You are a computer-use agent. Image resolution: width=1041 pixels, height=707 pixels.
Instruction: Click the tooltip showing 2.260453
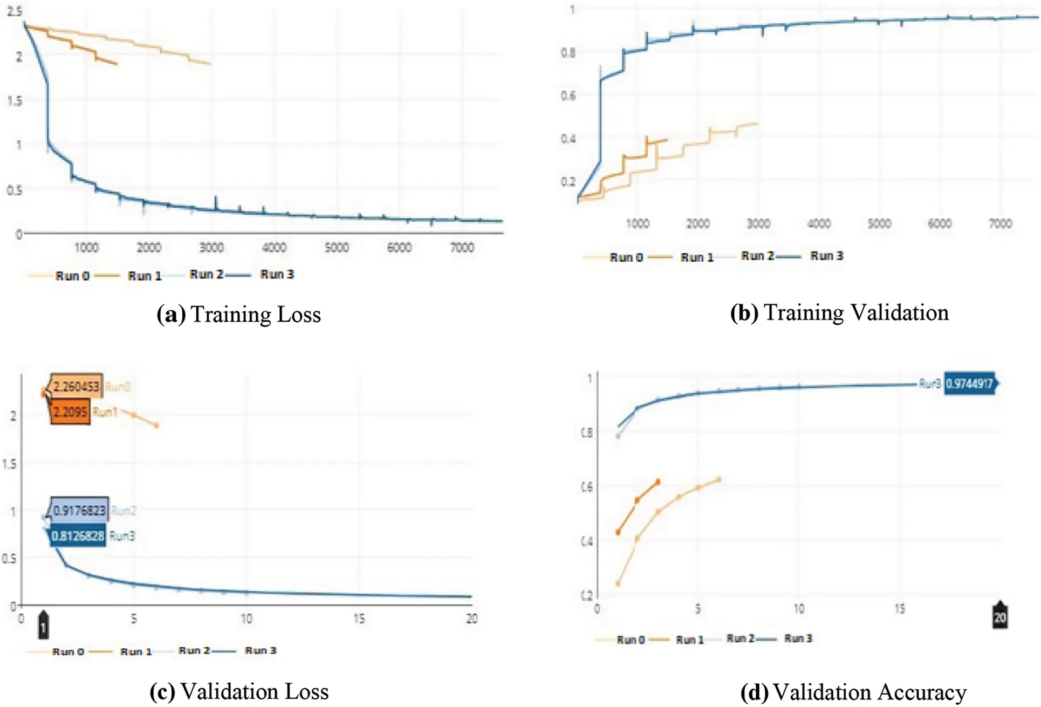[76, 386]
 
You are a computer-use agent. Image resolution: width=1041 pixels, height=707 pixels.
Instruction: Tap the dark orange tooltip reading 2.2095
[71, 413]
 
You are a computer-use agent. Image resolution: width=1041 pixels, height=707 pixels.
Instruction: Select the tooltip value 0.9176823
[79, 510]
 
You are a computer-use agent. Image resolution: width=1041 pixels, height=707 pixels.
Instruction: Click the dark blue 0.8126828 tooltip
[78, 536]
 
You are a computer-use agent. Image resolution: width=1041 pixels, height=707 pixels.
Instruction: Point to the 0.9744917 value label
[969, 384]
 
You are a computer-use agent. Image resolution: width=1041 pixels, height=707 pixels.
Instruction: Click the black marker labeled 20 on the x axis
[999, 616]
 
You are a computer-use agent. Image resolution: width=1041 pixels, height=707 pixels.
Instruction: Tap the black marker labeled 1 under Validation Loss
[43, 626]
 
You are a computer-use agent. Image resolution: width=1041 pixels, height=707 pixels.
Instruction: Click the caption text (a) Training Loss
[238, 315]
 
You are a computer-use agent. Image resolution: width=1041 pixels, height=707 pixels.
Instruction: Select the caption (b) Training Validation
[839, 313]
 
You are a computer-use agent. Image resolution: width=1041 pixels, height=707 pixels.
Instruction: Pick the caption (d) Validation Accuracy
[853, 692]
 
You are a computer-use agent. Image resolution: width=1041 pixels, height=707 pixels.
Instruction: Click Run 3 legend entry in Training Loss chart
[276, 275]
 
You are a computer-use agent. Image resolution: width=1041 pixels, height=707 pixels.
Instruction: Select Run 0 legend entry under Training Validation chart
[626, 257]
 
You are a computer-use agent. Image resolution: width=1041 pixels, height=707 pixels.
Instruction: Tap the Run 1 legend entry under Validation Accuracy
[689, 640]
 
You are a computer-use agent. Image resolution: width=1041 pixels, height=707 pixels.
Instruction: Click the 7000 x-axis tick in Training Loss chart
[462, 248]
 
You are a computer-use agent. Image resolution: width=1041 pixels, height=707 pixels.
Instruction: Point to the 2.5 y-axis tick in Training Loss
[15, 11]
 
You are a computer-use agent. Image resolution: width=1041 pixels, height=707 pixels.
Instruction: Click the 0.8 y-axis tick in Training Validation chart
[568, 53]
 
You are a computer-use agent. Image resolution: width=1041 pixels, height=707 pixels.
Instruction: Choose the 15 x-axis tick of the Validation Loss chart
[359, 619]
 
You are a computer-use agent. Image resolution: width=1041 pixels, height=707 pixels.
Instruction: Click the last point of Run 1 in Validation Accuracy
[658, 481]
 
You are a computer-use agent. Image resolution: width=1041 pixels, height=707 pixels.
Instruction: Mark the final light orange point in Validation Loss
[156, 426]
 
